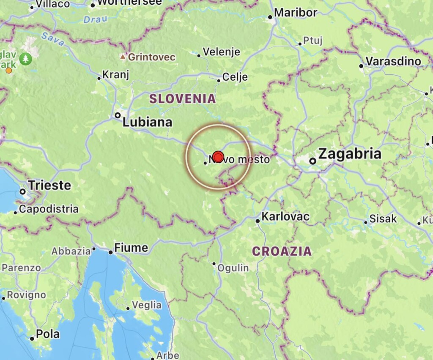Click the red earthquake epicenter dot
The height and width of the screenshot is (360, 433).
pos(218,157)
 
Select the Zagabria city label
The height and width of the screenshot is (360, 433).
pos(350,154)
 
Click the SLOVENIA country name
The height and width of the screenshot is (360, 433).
pos(182,99)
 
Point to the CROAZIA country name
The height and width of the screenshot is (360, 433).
pos(282,251)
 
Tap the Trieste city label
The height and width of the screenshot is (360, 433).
pos(49,185)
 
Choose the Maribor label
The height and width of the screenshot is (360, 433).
pos(296,13)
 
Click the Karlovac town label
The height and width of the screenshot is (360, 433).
pos(285,217)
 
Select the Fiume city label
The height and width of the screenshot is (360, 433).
pos(131,248)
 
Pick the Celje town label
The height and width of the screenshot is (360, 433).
pos(235,77)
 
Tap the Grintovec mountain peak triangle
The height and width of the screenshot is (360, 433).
pos(123,57)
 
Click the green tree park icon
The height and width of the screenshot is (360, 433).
pos(26,58)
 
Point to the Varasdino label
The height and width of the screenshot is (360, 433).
pos(393,62)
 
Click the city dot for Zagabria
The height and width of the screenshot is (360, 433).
pos(312,161)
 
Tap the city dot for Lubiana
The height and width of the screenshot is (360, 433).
pos(118,115)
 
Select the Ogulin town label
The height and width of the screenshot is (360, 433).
pos(233,268)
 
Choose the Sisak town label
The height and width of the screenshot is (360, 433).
pos(383,219)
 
